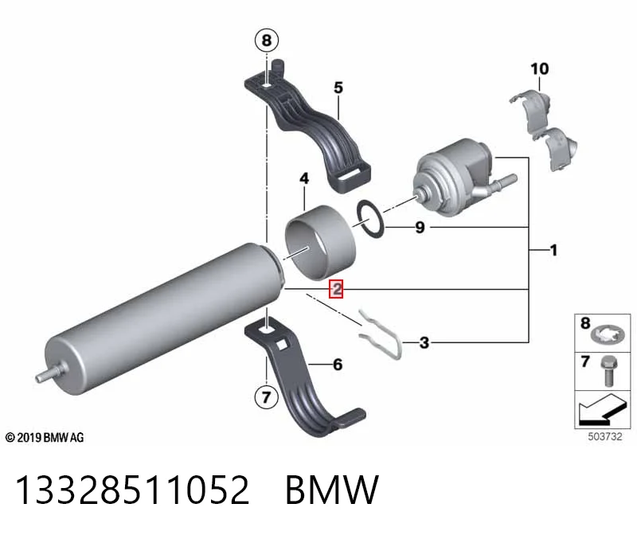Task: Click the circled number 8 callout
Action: [266, 41]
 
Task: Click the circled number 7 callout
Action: [266, 396]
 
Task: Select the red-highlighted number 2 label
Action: [336, 289]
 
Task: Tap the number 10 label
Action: [540, 68]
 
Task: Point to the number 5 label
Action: [338, 88]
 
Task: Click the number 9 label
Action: [420, 227]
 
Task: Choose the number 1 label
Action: [553, 250]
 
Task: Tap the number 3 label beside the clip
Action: [424, 342]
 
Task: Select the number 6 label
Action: [338, 365]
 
